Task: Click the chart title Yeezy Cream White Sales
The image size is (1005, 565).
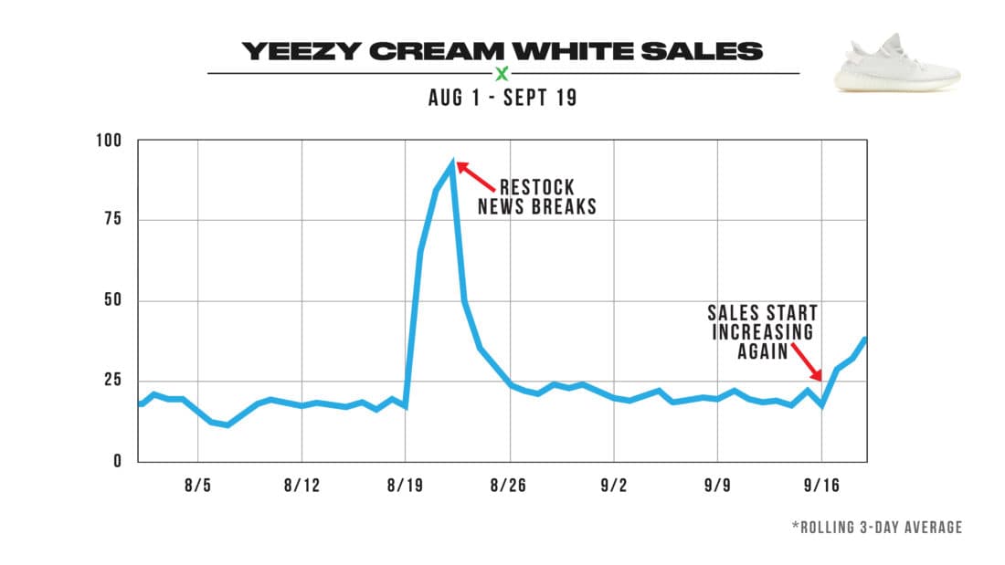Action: point(502,51)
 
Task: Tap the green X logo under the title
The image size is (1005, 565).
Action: point(502,74)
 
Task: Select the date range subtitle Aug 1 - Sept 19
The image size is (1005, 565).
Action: point(503,98)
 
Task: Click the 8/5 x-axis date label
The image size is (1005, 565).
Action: point(196,486)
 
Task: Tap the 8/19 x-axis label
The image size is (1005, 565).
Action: point(405,486)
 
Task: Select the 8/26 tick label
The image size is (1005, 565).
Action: point(509,486)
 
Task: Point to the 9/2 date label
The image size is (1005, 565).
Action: point(613,486)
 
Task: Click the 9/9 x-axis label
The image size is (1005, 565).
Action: point(717,486)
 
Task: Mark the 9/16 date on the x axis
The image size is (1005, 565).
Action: point(821,486)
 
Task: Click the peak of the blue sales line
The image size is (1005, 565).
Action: point(451,162)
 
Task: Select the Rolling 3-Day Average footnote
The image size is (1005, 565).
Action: point(877,528)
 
